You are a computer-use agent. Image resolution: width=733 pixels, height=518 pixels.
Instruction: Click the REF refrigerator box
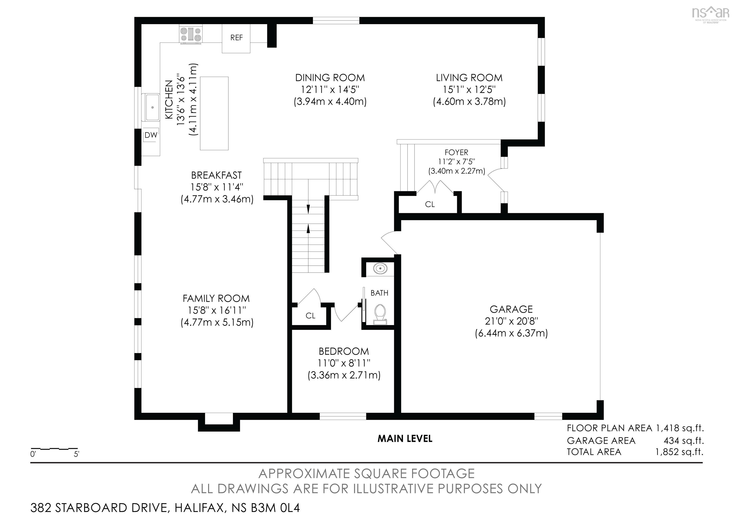coord(236,38)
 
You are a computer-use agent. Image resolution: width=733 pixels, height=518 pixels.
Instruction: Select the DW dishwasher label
coord(151,135)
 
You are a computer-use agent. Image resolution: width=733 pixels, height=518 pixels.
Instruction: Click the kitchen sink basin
coord(152,108)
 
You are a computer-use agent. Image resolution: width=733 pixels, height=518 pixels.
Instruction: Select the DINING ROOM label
coord(330,78)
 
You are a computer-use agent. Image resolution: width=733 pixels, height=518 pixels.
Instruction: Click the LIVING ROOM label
coord(469,78)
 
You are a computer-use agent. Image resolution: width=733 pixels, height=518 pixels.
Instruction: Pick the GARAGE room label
coord(511,309)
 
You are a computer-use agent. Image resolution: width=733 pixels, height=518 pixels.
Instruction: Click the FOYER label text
coord(456,153)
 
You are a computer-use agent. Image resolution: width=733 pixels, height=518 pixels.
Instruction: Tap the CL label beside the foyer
coord(430,204)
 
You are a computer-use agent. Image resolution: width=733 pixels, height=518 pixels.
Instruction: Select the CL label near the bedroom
coord(310,316)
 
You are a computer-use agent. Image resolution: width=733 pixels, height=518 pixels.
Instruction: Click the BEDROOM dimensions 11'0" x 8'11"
coord(344,363)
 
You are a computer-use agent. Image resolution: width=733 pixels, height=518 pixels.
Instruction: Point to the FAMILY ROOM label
coord(216,299)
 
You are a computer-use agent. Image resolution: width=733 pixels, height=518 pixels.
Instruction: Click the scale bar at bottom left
coord(54,449)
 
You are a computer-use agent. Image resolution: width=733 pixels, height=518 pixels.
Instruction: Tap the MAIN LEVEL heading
coord(405,439)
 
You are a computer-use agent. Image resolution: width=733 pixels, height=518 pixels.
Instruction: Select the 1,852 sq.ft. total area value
coord(679,452)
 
